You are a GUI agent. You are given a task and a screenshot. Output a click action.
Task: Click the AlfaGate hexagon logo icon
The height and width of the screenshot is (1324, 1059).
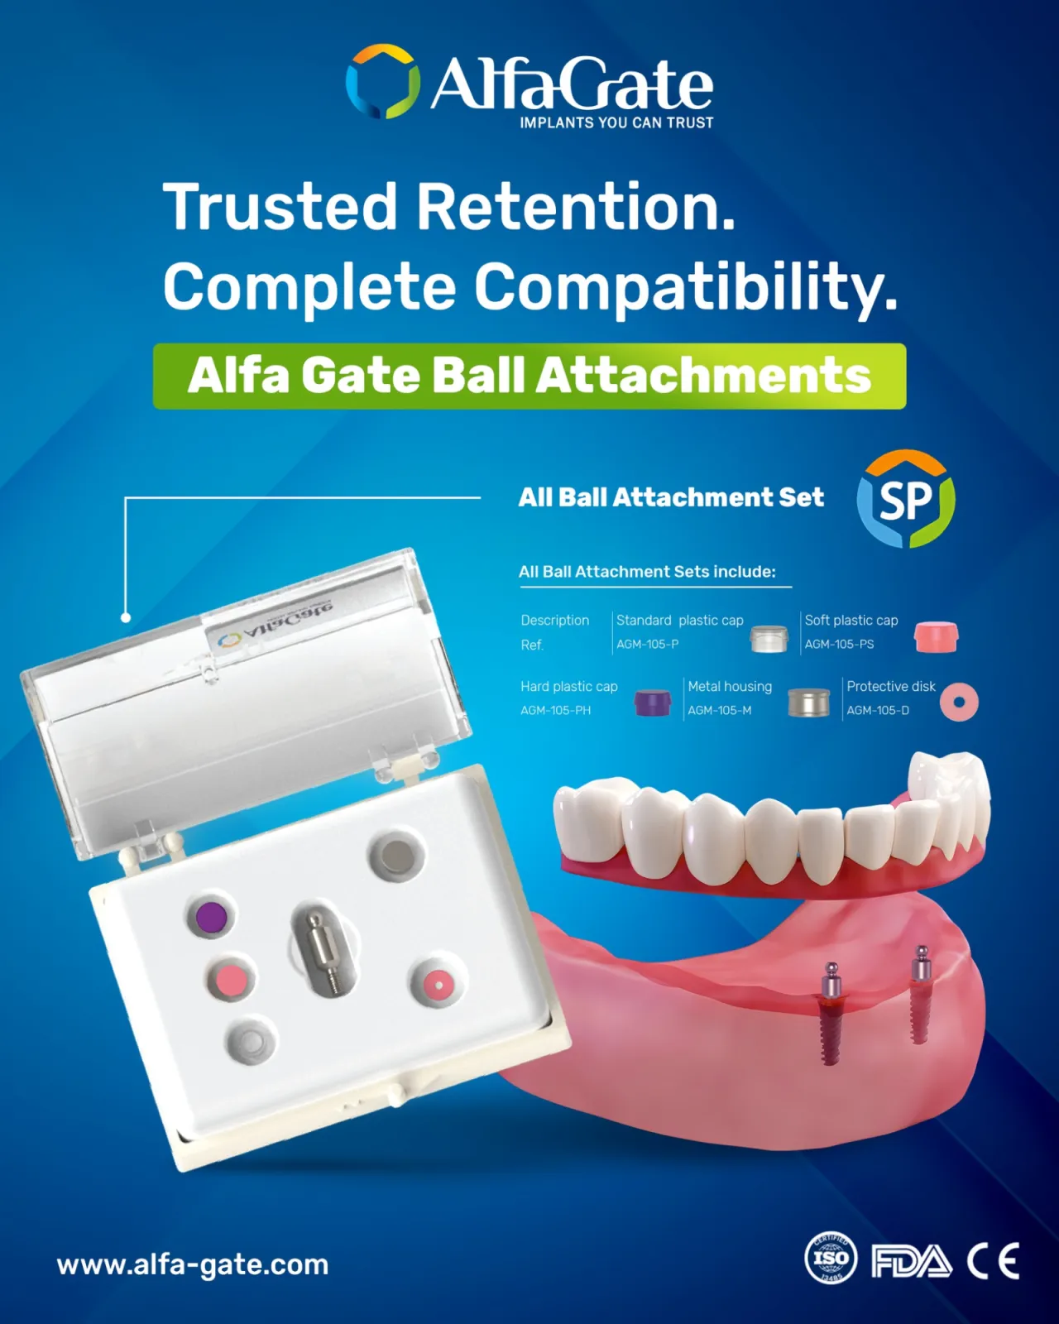click(383, 80)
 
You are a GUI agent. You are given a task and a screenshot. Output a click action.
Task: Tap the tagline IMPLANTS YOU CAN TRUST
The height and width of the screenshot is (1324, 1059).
click(616, 123)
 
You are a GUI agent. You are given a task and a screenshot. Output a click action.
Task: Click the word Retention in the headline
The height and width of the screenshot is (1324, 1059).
click(576, 207)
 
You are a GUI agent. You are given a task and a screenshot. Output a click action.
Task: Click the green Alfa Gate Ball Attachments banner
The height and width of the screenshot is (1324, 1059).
click(529, 376)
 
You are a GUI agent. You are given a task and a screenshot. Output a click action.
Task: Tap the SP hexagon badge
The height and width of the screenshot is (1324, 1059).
click(906, 498)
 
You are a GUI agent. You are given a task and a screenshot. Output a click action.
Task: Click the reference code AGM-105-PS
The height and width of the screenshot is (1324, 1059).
click(839, 644)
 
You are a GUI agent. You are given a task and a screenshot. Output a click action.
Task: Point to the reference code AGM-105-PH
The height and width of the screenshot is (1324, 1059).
click(555, 710)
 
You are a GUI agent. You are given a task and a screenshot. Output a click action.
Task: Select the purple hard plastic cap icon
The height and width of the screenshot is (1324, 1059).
click(652, 703)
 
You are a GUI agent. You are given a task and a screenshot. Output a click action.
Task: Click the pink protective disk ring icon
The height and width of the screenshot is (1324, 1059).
click(959, 702)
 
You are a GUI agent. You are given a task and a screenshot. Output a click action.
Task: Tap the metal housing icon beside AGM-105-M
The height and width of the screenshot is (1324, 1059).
click(808, 702)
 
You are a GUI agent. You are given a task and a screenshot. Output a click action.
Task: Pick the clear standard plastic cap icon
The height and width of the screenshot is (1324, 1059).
click(769, 639)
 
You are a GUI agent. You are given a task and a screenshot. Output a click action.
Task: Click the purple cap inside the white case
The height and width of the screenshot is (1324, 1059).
click(211, 915)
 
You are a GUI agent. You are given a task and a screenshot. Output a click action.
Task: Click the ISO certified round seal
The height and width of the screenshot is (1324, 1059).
click(831, 1258)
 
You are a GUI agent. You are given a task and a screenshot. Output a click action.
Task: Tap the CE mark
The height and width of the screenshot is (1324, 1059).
click(993, 1260)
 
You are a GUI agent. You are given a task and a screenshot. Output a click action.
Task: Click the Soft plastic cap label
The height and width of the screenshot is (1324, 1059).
click(851, 620)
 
